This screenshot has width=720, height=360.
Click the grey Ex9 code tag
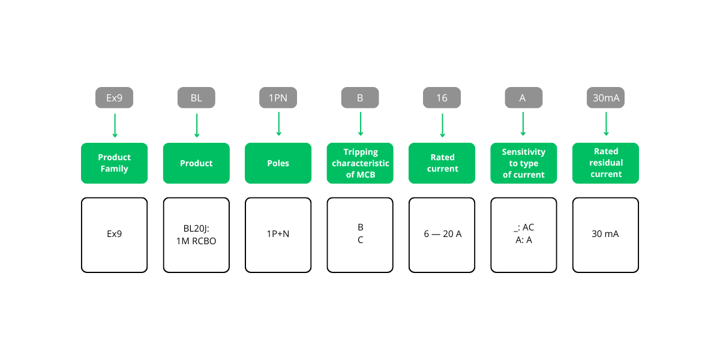coord(114,98)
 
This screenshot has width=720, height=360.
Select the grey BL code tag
coord(196,98)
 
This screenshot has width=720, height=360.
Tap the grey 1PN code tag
coord(278,98)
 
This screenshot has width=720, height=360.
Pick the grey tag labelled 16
coord(442,98)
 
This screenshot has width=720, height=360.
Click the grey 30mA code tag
coord(605,98)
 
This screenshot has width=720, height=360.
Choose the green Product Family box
coord(114,163)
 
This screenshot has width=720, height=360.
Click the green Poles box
coord(278,163)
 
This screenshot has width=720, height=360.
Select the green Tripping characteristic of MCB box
coord(360,163)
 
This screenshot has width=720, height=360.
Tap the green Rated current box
coord(442,163)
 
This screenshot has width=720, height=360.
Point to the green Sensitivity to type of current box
coord(524,163)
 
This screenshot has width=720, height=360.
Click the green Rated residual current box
coord(605,163)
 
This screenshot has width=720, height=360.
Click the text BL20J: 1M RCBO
coord(196,235)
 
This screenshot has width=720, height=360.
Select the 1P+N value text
coord(278,234)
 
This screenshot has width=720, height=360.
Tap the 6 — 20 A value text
coord(442,234)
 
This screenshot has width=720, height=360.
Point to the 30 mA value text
coord(605,234)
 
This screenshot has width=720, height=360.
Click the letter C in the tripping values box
coord(360,240)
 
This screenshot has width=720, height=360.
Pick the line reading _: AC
coord(524,227)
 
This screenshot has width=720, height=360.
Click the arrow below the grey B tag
coord(360,125)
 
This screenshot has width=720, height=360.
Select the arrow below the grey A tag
coord(523,125)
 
